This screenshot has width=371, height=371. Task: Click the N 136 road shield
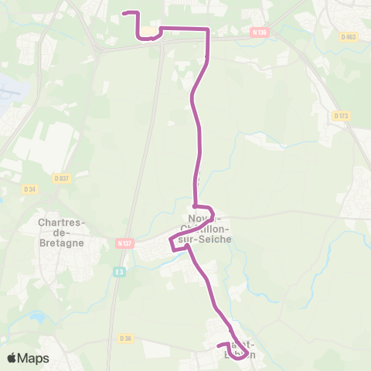[x=259, y=32]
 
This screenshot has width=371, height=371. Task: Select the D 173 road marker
[x=341, y=116]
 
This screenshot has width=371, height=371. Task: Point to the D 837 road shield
[x=63, y=178]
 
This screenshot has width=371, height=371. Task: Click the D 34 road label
[x=30, y=189]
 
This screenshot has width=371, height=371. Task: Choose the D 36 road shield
[x=125, y=338]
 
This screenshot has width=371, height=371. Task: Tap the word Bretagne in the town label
[x=62, y=240]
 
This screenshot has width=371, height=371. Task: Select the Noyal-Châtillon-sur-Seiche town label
[x=204, y=228]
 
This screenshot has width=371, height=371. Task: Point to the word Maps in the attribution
[x=34, y=358]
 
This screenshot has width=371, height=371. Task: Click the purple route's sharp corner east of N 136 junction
[x=208, y=29]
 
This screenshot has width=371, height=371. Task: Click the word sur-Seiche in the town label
[x=205, y=238]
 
